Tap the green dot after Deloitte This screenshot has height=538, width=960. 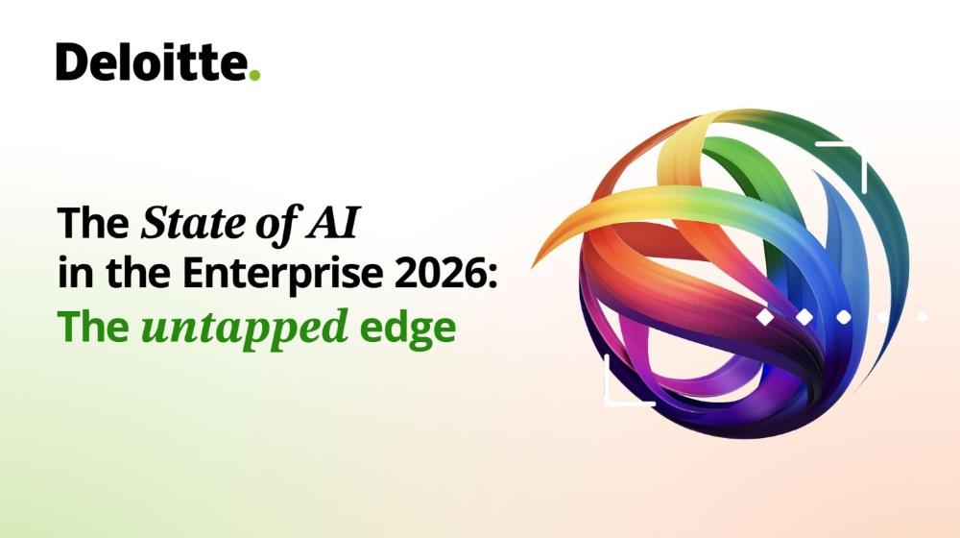pos(254,75)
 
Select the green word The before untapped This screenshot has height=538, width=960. pos(93,328)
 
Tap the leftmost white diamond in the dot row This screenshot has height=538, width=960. pos(765,316)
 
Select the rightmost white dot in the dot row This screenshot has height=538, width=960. pos(922,316)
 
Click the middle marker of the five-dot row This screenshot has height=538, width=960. pos(843,316)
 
